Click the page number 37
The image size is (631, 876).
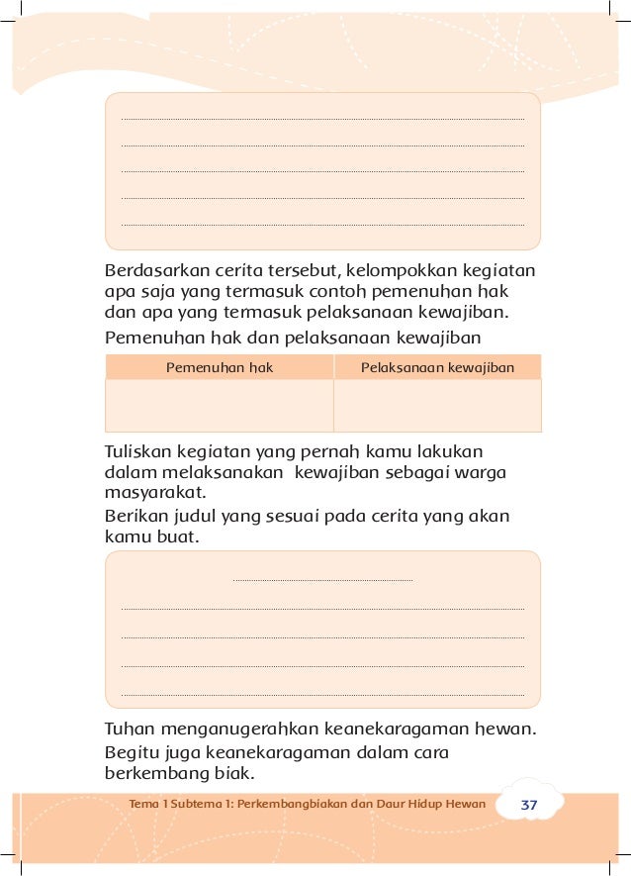click(529, 805)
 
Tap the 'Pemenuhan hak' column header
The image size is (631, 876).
click(219, 367)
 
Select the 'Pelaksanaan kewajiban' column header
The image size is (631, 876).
click(437, 367)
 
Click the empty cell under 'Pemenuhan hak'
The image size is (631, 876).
click(219, 405)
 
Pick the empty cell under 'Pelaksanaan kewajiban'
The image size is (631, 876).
click(437, 405)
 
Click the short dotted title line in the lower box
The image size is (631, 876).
click(322, 580)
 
